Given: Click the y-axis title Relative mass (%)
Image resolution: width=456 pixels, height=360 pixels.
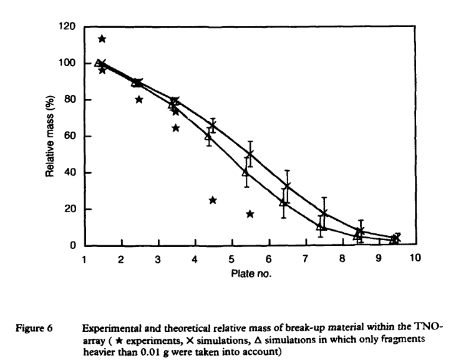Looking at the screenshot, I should pos(51,136).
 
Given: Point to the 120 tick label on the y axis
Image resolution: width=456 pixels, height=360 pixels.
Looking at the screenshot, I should pos(67,27).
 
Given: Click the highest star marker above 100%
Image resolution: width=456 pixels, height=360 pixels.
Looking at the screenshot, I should pos(102,39).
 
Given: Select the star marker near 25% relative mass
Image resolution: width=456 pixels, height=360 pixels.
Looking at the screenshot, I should pos(213,200).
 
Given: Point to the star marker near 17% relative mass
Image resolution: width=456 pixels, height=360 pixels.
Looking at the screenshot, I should pos(250,214).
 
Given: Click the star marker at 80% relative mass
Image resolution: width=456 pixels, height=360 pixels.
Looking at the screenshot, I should pos(139,100).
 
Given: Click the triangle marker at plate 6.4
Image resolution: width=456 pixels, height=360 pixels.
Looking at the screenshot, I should pos(283,202).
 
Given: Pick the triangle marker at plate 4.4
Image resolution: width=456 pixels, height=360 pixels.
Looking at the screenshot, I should pos(209,136).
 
